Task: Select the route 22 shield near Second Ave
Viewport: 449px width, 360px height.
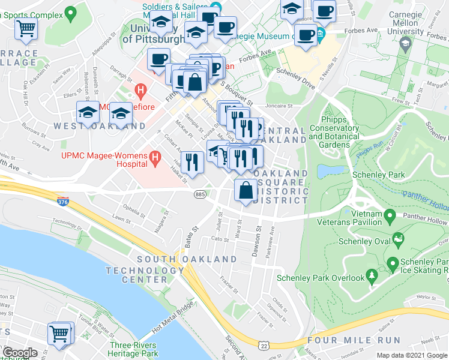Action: click(264, 346)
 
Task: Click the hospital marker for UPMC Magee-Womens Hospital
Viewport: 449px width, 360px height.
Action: click(155, 158)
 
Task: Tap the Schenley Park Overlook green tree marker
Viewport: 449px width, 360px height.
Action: click(372, 276)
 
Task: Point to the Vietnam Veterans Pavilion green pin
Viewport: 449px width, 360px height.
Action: click(390, 214)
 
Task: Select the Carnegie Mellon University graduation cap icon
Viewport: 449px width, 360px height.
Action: click(406, 43)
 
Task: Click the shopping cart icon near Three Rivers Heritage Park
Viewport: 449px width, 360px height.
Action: click(59, 333)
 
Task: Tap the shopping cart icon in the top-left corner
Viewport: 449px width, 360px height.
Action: click(26, 28)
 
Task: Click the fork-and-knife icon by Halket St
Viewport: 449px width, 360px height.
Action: click(191, 161)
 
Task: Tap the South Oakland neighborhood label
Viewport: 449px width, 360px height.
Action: click(187, 259)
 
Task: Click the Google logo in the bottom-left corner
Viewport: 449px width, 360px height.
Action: click(20, 353)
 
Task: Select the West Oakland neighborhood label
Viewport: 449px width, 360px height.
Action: click(99, 126)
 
